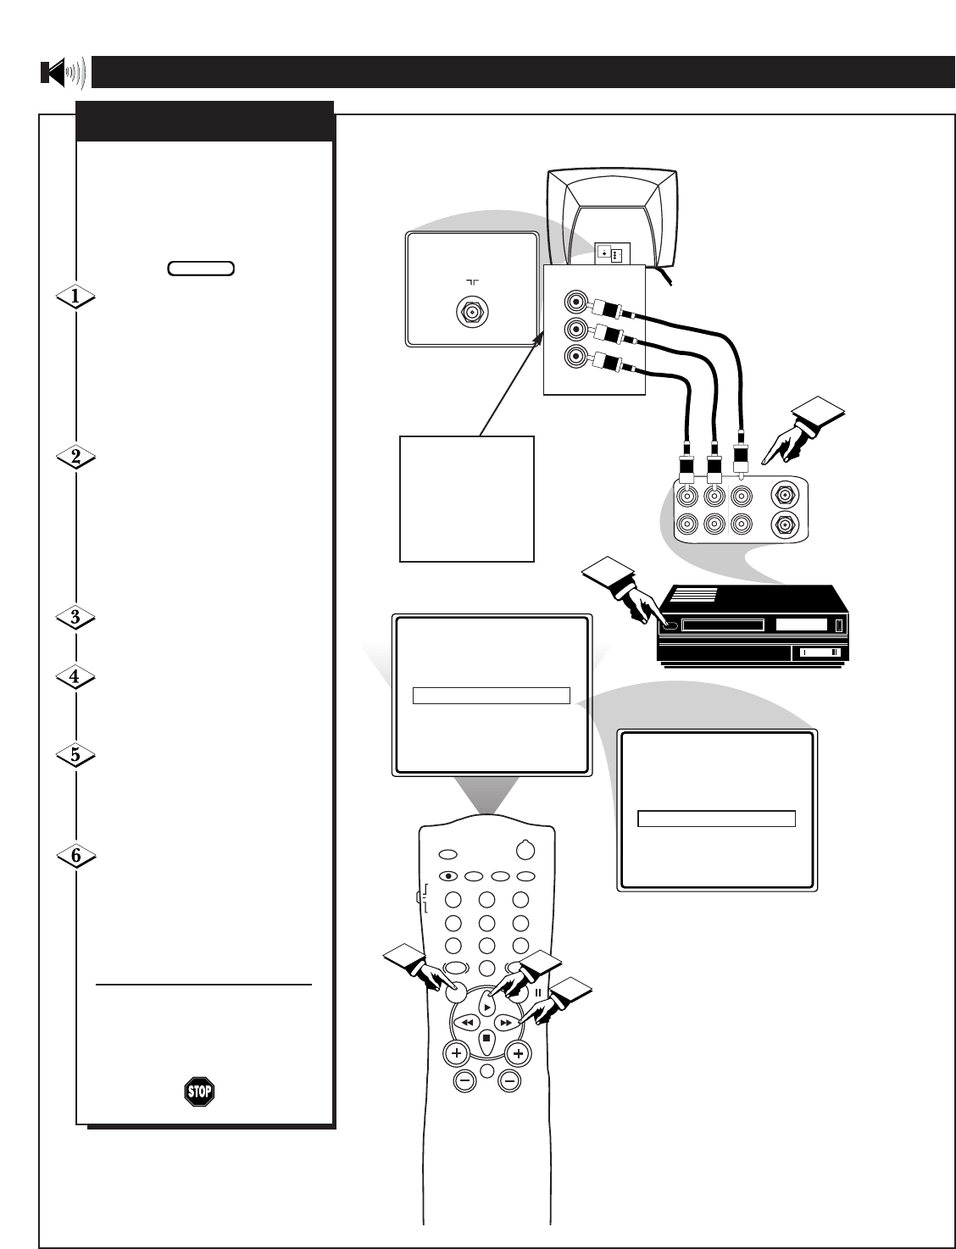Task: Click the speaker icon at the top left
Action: [x=63, y=73]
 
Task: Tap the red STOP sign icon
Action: [x=199, y=1091]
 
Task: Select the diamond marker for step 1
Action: [x=75, y=297]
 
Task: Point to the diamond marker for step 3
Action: [x=75, y=618]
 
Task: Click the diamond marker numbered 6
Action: [x=75, y=856]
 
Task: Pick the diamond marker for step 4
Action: [x=75, y=677]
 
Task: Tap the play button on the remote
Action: [x=486, y=1007]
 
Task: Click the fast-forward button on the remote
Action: [x=505, y=1023]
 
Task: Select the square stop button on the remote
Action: [x=486, y=1039]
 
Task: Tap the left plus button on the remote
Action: [x=456, y=1053]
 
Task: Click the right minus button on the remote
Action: [x=509, y=1080]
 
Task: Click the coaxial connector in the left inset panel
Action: [x=472, y=312]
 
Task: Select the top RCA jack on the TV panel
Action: [x=575, y=301]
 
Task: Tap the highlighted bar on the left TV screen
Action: [x=491, y=696]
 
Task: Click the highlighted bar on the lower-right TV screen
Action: [x=716, y=819]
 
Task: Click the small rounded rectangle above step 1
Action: [x=201, y=269]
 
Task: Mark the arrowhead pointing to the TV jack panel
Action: [x=537, y=338]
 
